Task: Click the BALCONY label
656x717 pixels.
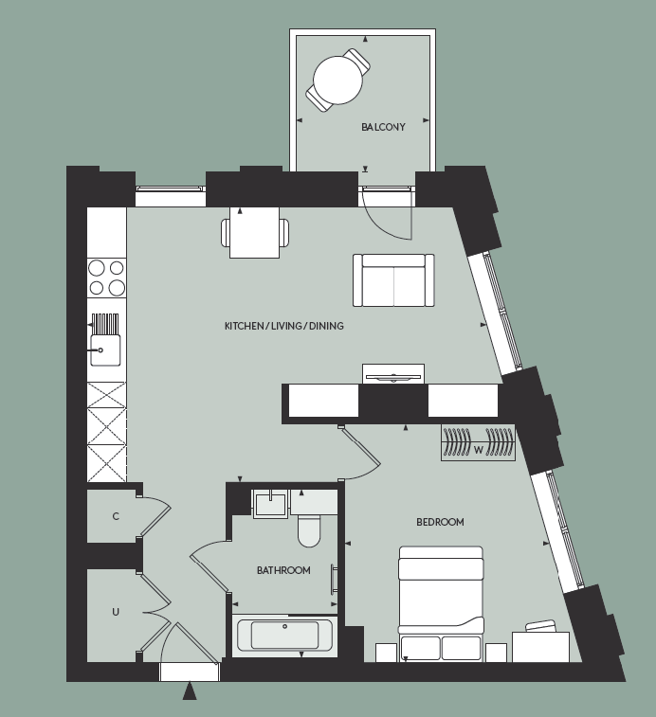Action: [383, 127]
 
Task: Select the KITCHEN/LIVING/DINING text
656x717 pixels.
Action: [283, 326]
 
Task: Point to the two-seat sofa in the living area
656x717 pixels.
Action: [392, 280]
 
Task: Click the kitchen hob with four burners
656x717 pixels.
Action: [107, 278]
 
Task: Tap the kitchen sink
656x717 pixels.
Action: [104, 347]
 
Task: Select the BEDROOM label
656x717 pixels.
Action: [440, 522]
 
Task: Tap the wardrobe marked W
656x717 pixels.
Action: [478, 443]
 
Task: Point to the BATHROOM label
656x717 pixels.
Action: [283, 570]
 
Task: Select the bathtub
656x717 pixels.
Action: [283, 635]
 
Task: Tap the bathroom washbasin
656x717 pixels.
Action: [270, 502]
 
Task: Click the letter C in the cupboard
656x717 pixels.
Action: [116, 516]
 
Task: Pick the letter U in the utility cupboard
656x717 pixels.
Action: [116, 612]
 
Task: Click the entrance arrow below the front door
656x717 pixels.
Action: [190, 691]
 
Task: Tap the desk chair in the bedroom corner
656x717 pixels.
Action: [541, 627]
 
